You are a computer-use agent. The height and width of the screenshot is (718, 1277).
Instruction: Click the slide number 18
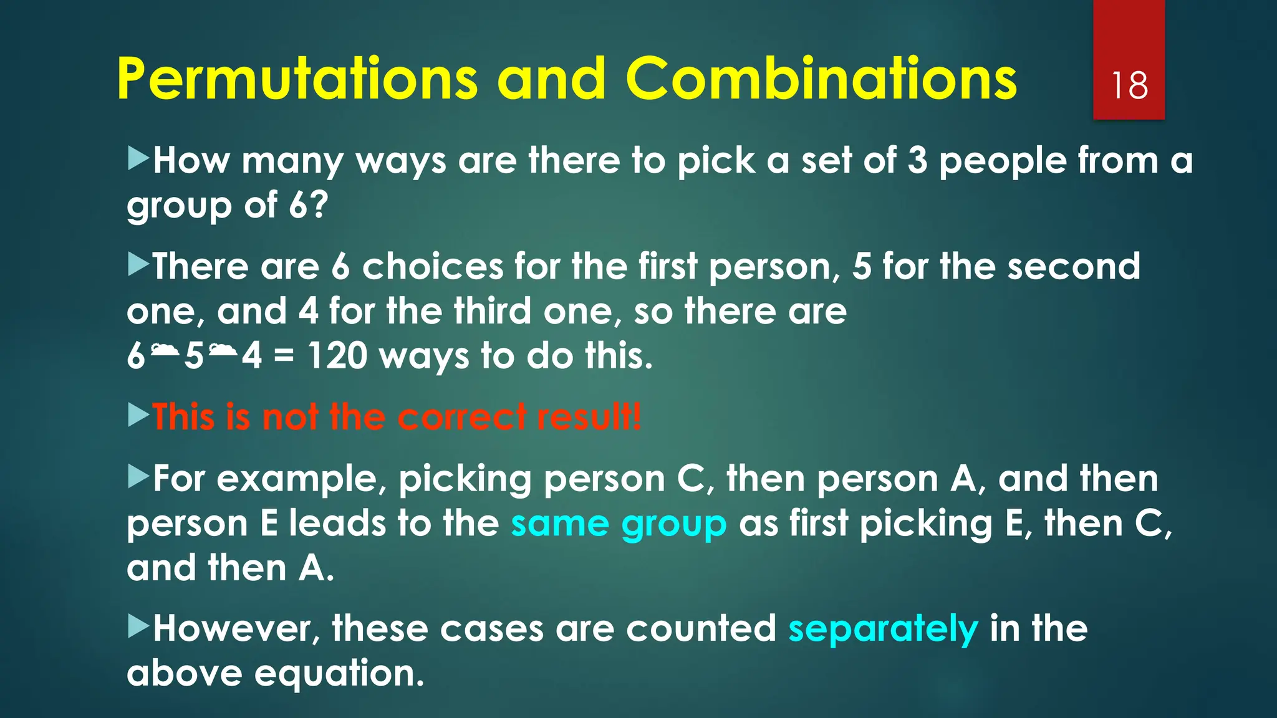[1129, 85]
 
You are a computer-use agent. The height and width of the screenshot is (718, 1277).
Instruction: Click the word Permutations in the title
[297, 79]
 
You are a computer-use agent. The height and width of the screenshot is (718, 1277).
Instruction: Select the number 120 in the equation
[337, 356]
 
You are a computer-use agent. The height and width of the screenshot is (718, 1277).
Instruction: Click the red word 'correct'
[461, 416]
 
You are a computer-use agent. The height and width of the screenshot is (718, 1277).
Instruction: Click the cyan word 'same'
[559, 524]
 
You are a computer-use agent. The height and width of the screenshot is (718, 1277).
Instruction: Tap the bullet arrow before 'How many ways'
[138, 159]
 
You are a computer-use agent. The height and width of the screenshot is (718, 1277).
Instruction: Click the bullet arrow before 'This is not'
[138, 414]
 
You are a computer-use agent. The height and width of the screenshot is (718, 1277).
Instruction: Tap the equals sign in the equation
[284, 357]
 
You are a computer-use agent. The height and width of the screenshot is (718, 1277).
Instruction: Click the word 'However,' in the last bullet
[236, 628]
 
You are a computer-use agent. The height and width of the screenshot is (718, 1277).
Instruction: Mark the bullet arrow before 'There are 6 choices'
[138, 265]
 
